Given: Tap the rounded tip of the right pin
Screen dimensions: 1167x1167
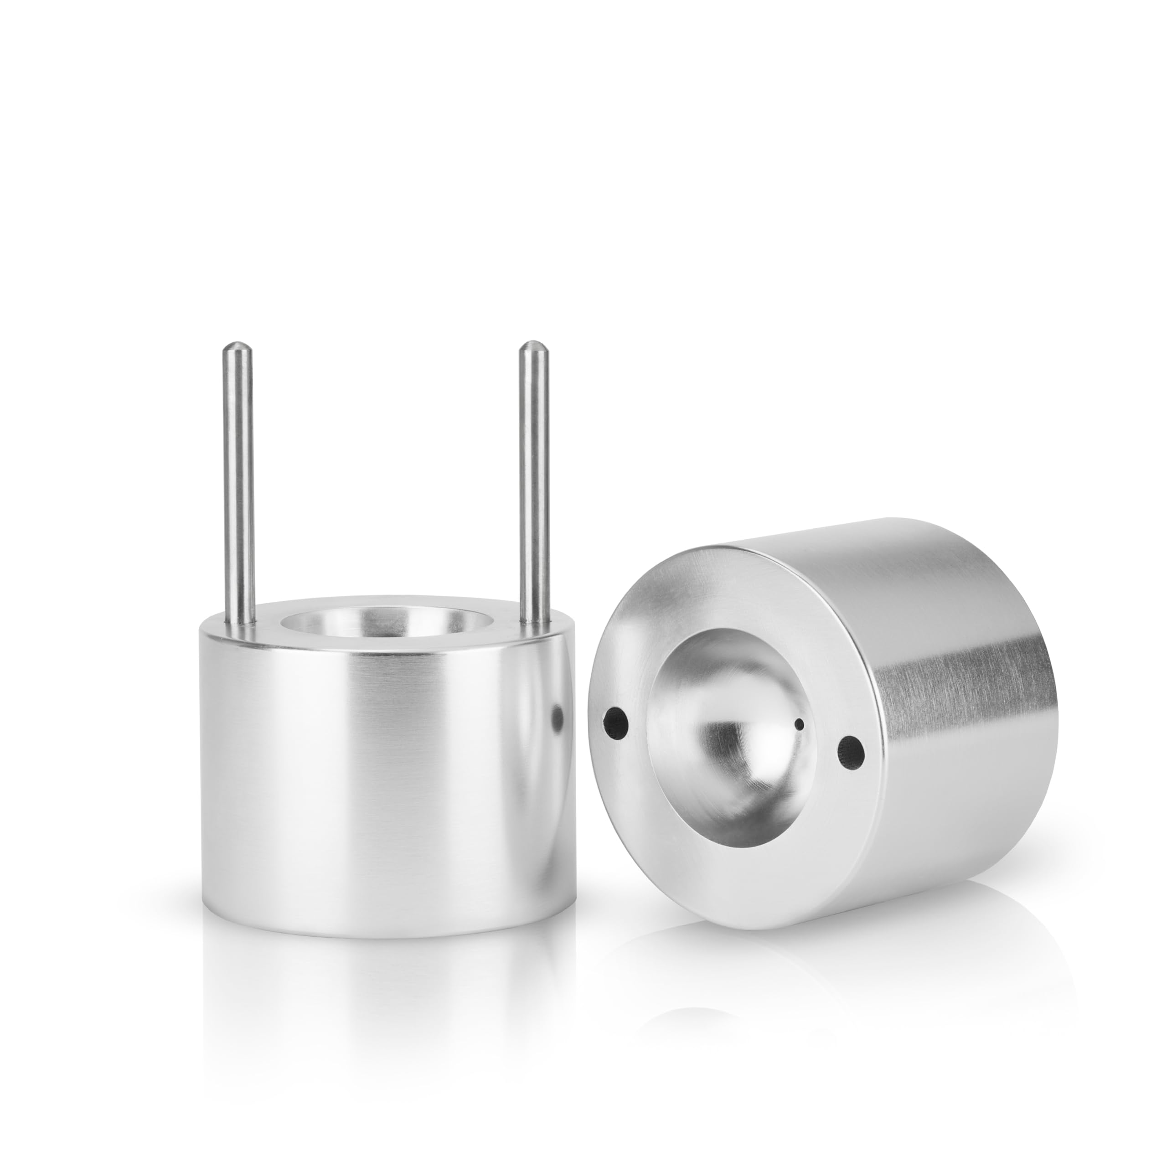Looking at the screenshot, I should [533, 347].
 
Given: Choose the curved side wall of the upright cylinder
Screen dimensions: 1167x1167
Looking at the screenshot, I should [387, 785].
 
